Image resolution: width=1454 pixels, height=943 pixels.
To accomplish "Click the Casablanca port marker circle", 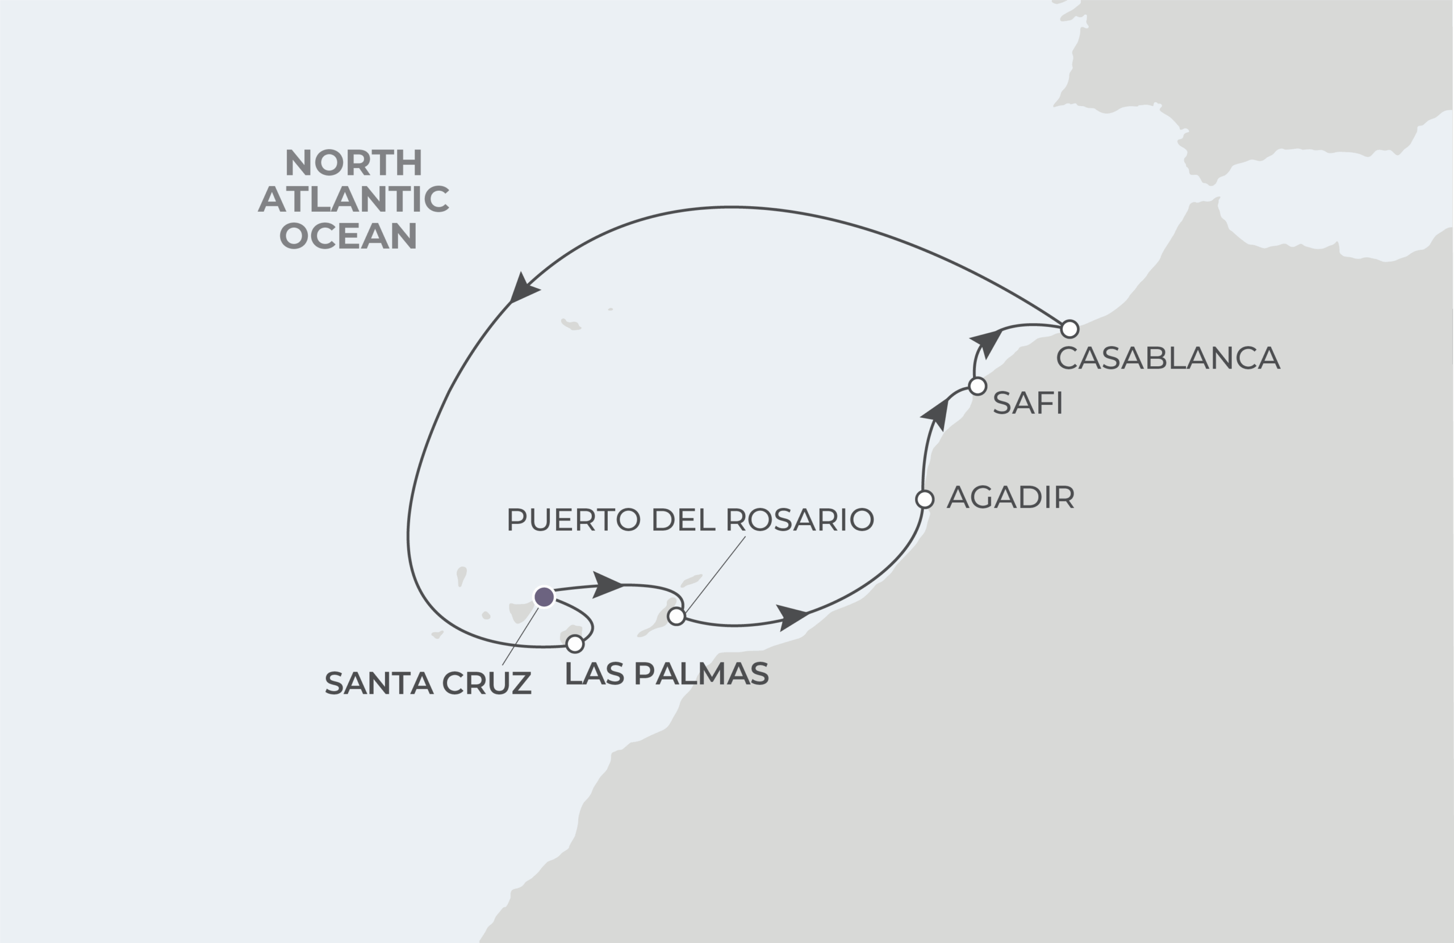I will click(1069, 329).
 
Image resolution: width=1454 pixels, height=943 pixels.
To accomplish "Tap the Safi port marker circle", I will click(977, 386).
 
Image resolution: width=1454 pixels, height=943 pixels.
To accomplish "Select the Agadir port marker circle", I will click(925, 499).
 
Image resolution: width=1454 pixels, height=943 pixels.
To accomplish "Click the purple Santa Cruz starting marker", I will click(544, 597).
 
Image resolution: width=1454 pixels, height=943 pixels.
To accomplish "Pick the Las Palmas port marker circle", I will click(575, 644).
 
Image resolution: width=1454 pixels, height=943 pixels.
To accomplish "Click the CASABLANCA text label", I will click(1168, 358).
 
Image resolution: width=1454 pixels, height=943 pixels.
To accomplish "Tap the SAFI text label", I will click(1027, 403).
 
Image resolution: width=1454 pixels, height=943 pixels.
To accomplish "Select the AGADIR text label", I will click(1010, 497).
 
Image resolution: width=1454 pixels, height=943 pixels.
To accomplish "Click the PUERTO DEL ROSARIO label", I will click(690, 519).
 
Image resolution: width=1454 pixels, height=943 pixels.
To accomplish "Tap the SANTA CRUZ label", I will click(428, 683).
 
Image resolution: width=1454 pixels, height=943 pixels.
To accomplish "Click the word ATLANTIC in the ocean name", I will click(353, 199).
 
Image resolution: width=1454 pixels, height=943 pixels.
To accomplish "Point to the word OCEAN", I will click(348, 236).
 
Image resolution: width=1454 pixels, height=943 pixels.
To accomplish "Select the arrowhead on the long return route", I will click(523, 290).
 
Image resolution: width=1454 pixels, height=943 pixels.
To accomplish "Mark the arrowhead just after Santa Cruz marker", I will click(607, 585).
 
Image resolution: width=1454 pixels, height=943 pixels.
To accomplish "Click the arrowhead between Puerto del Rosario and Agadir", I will click(792, 616).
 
